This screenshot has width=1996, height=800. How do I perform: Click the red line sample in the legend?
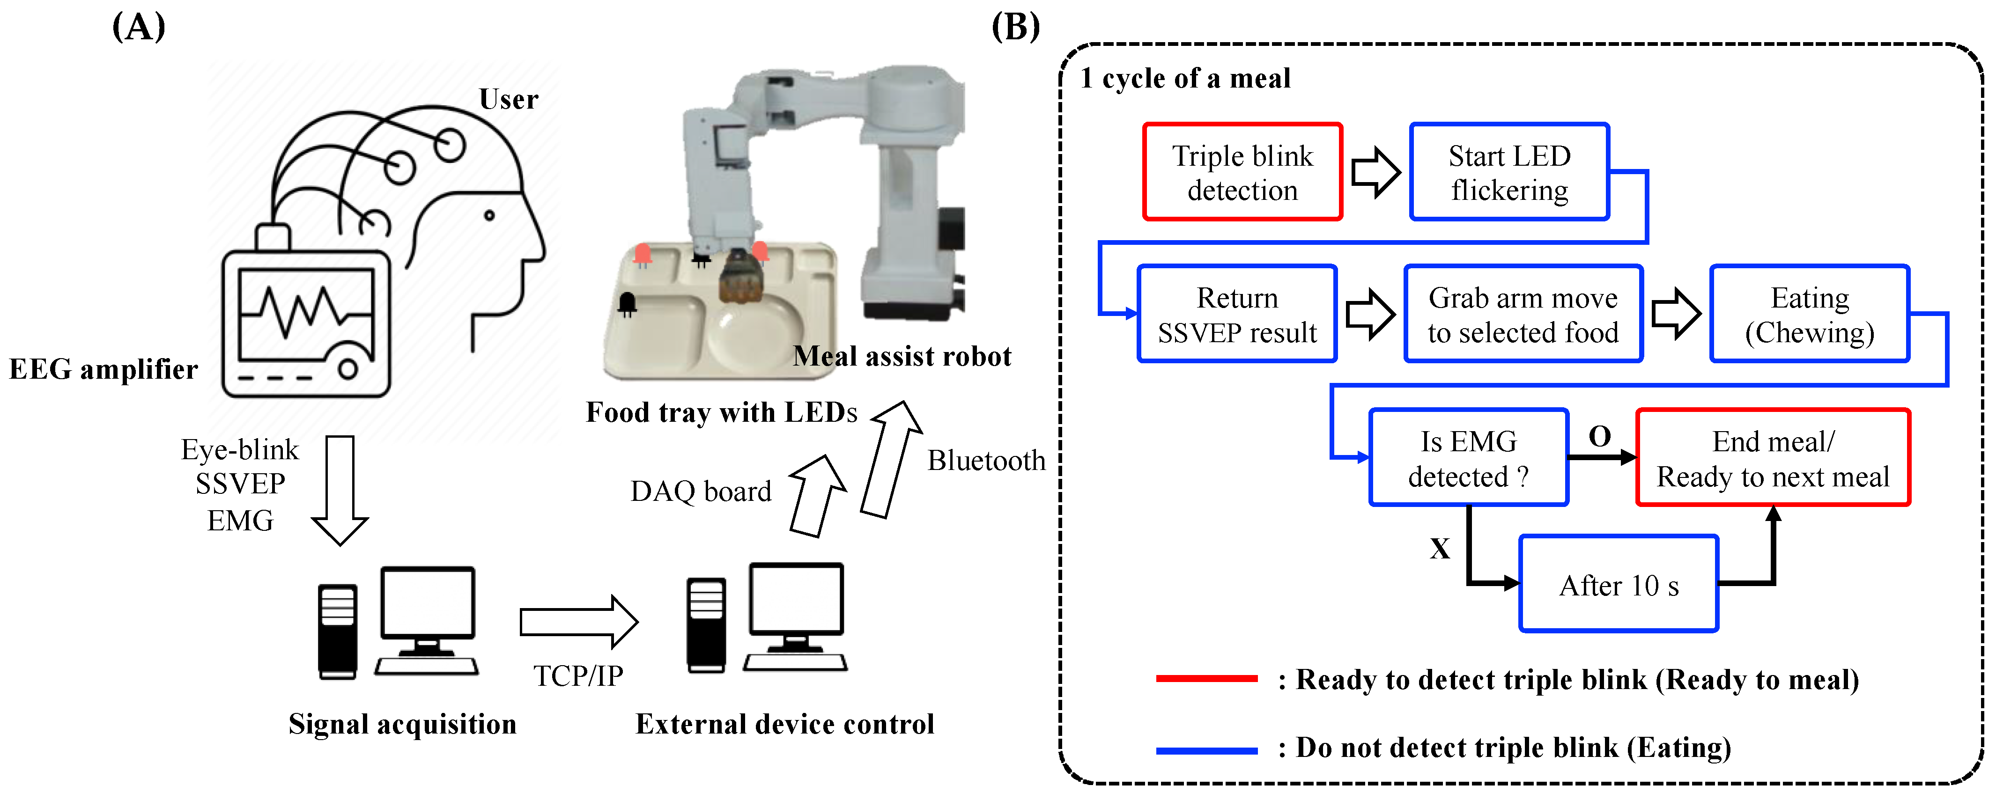coord(1206,678)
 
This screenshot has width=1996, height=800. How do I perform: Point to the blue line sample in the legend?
coord(1206,749)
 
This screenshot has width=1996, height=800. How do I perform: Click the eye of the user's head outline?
coord(489,215)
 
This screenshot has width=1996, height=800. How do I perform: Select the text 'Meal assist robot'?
coord(902,356)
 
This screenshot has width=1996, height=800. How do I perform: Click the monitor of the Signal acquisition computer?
coord(428,603)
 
